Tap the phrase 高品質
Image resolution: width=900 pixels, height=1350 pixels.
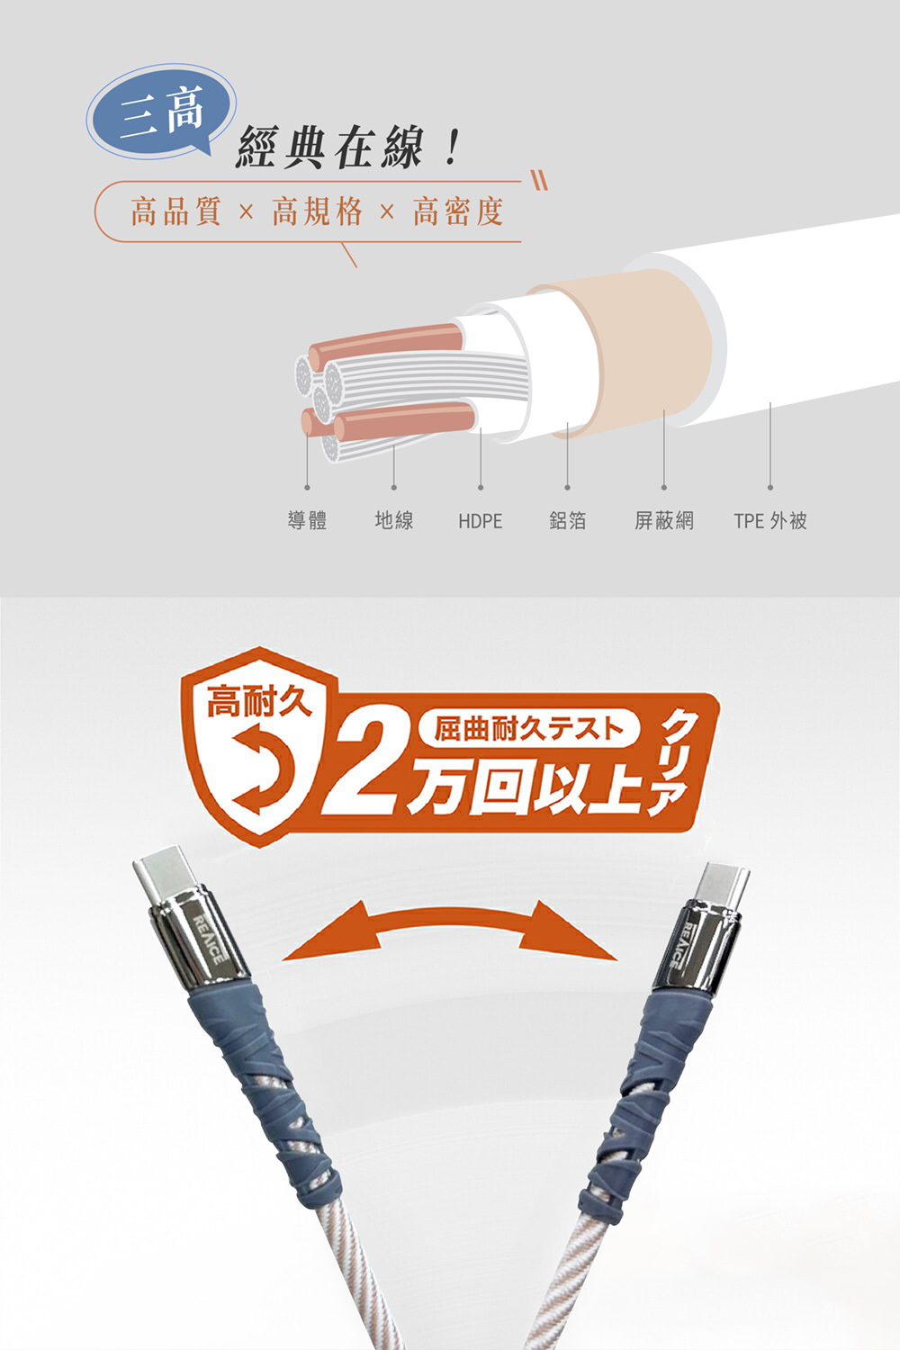pyautogui.click(x=176, y=211)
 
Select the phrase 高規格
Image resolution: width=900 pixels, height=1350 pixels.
pyautogui.click(x=317, y=211)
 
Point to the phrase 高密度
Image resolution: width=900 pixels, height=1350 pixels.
pyautogui.click(x=458, y=211)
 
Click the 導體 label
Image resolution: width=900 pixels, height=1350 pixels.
pyautogui.click(x=308, y=520)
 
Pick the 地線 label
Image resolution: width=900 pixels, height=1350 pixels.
pyautogui.click(x=393, y=520)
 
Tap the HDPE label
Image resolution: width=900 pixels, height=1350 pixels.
pyautogui.click(x=481, y=521)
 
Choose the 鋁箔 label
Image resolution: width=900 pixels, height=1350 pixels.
pyautogui.click(x=567, y=520)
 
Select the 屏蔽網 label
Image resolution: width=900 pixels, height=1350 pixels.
pyautogui.click(x=663, y=520)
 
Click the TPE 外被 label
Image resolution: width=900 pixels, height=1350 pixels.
pyautogui.click(x=770, y=520)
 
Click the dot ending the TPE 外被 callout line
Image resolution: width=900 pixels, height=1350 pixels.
pyautogui.click(x=770, y=487)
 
